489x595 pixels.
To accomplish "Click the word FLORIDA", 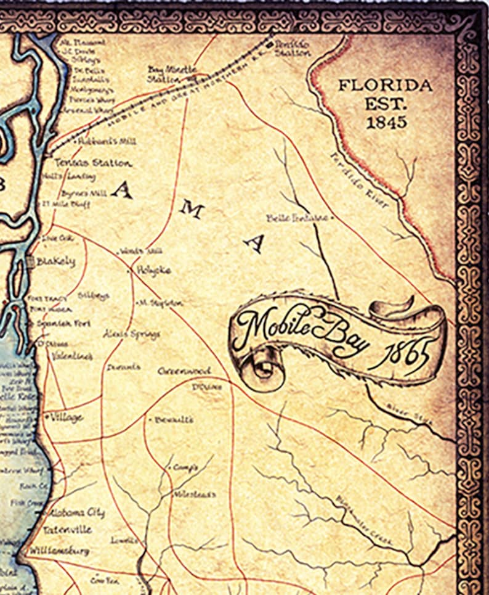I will coord(385,85).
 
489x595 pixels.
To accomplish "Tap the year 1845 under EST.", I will coord(386,122).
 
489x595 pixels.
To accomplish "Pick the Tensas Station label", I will coord(92,163).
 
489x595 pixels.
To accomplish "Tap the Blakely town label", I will coord(55,261).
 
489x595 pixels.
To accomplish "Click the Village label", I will coord(66,417).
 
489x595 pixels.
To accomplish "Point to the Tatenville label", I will coord(67,530).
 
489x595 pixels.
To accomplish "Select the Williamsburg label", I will coord(60,550).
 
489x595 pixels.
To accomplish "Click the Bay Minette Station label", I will coord(172,74).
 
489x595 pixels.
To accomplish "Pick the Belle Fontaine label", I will coord(298,218).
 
